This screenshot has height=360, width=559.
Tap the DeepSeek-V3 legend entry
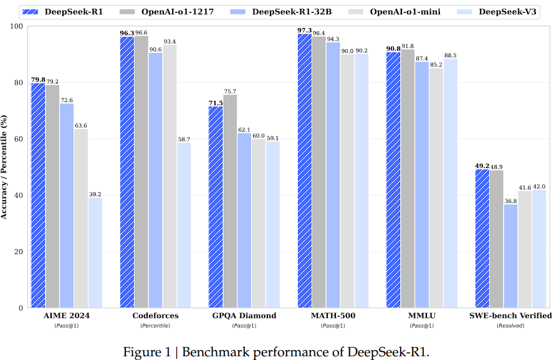499,11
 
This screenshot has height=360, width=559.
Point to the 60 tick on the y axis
19,139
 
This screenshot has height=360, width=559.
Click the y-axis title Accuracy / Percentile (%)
6,167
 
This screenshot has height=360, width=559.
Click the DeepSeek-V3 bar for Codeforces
184,225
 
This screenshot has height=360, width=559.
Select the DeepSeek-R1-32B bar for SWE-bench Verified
511,256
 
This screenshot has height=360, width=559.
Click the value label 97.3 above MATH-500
305,30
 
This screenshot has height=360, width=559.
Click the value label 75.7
230,91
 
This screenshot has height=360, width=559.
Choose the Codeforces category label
155,316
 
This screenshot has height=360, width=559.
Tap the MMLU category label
421,316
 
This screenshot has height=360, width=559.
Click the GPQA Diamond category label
244,316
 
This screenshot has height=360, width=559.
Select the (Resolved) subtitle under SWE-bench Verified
510,326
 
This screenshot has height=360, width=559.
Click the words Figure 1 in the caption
147,352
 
